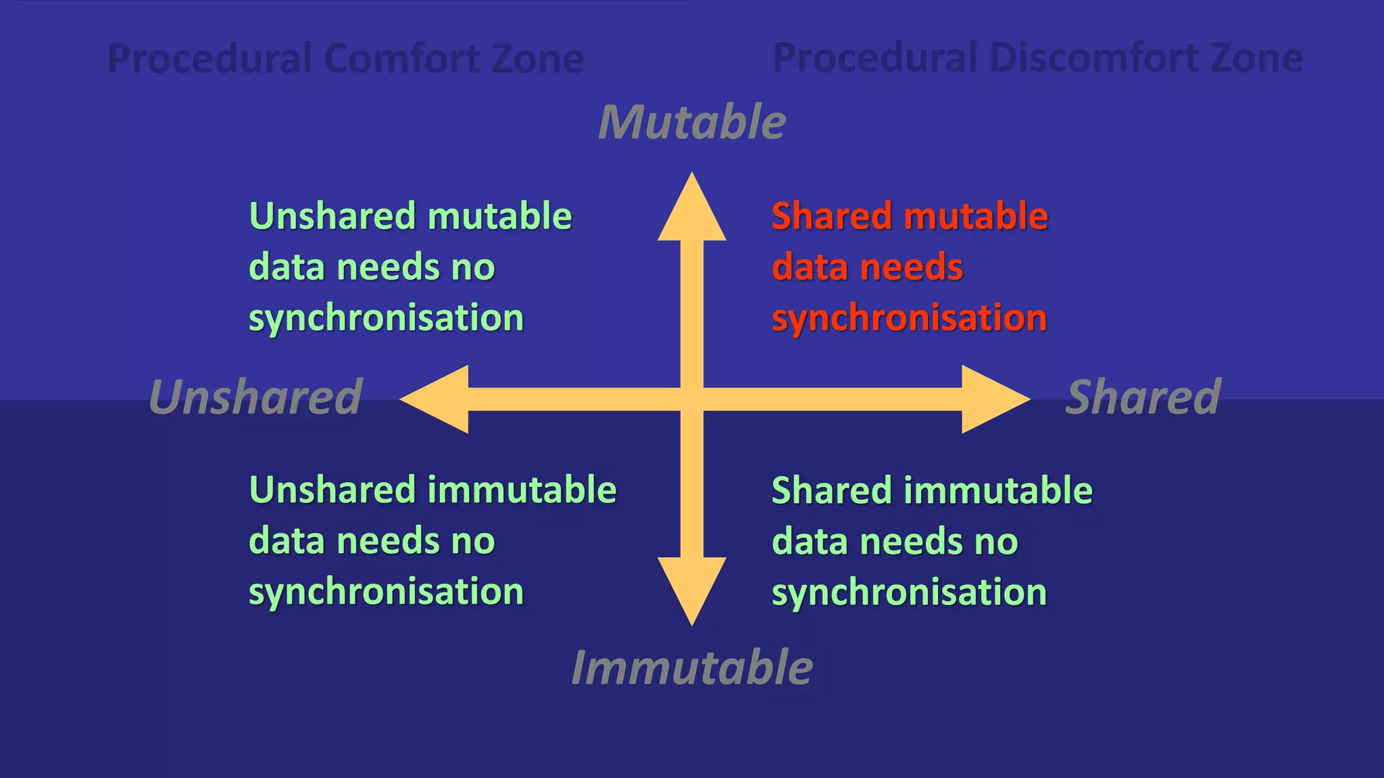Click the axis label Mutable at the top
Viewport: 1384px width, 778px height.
click(x=692, y=122)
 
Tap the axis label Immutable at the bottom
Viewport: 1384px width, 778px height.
click(x=692, y=668)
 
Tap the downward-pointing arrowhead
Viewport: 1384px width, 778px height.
click(x=692, y=588)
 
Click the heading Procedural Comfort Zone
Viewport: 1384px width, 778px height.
click(x=345, y=58)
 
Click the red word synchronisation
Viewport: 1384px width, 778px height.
click(x=909, y=318)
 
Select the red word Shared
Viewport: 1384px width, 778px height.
click(x=832, y=216)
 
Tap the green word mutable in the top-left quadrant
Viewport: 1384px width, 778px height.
click(x=499, y=216)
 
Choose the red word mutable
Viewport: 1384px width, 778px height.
click(x=976, y=216)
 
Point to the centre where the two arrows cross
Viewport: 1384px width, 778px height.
click(x=692, y=399)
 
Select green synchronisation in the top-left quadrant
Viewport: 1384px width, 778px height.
click(x=386, y=318)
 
